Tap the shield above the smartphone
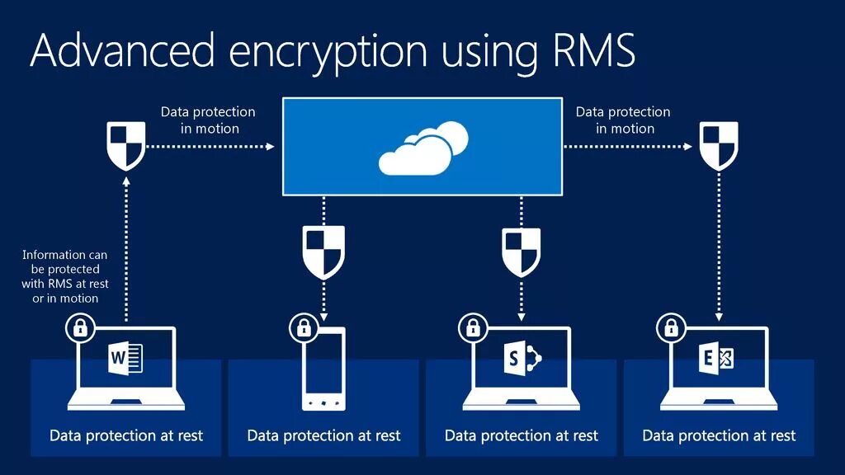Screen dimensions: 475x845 [323, 252]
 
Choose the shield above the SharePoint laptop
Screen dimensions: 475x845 [521, 252]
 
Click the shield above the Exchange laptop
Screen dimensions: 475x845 [719, 146]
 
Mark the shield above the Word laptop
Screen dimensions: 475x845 [126, 146]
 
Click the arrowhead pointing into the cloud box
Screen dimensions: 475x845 [271, 147]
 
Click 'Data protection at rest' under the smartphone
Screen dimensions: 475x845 [323, 435]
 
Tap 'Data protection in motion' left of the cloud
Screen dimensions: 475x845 [208, 120]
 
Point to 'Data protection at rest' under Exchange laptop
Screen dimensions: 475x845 [719, 435]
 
